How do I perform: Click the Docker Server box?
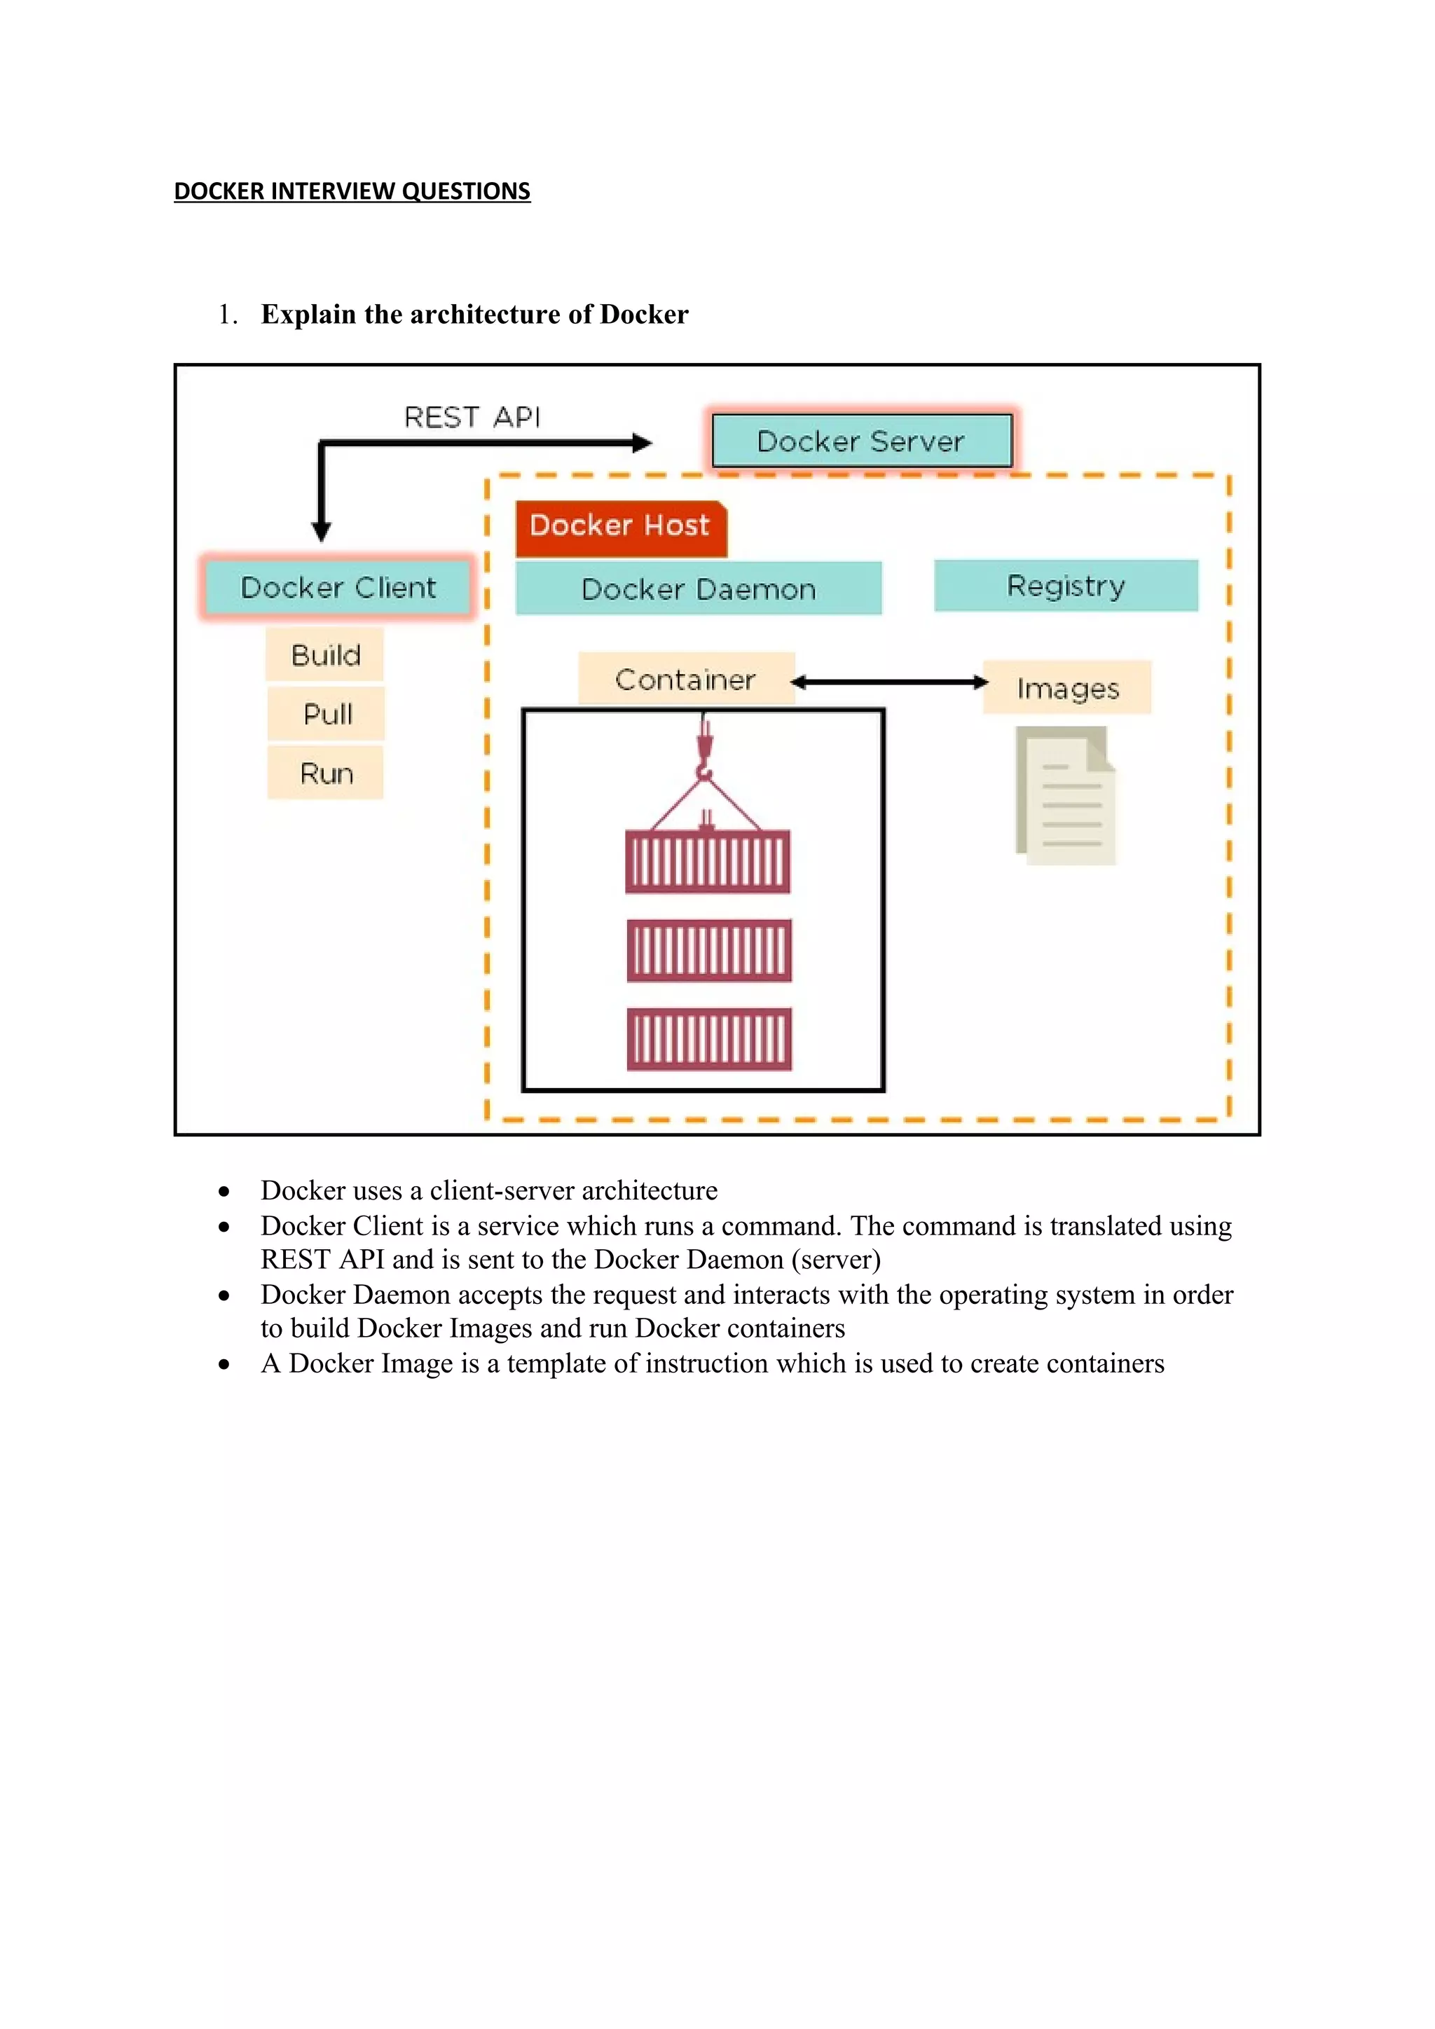tap(862, 440)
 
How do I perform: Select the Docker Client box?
tap(338, 587)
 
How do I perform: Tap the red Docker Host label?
tap(620, 527)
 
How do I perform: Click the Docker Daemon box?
tap(698, 589)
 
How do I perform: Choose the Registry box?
tap(1066, 585)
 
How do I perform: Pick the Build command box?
tap(325, 655)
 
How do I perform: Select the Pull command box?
tap(327, 713)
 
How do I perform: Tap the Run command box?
tap(326, 773)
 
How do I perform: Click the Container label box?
tap(686, 679)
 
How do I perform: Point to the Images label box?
tap(1067, 687)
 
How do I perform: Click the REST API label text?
tap(472, 417)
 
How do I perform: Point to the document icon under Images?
tap(1066, 795)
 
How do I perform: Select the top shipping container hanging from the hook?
tap(708, 862)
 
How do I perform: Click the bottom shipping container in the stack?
tap(708, 1039)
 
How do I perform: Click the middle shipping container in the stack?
tap(708, 951)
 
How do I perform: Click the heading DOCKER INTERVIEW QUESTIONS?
tap(352, 191)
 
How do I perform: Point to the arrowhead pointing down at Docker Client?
tap(322, 531)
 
